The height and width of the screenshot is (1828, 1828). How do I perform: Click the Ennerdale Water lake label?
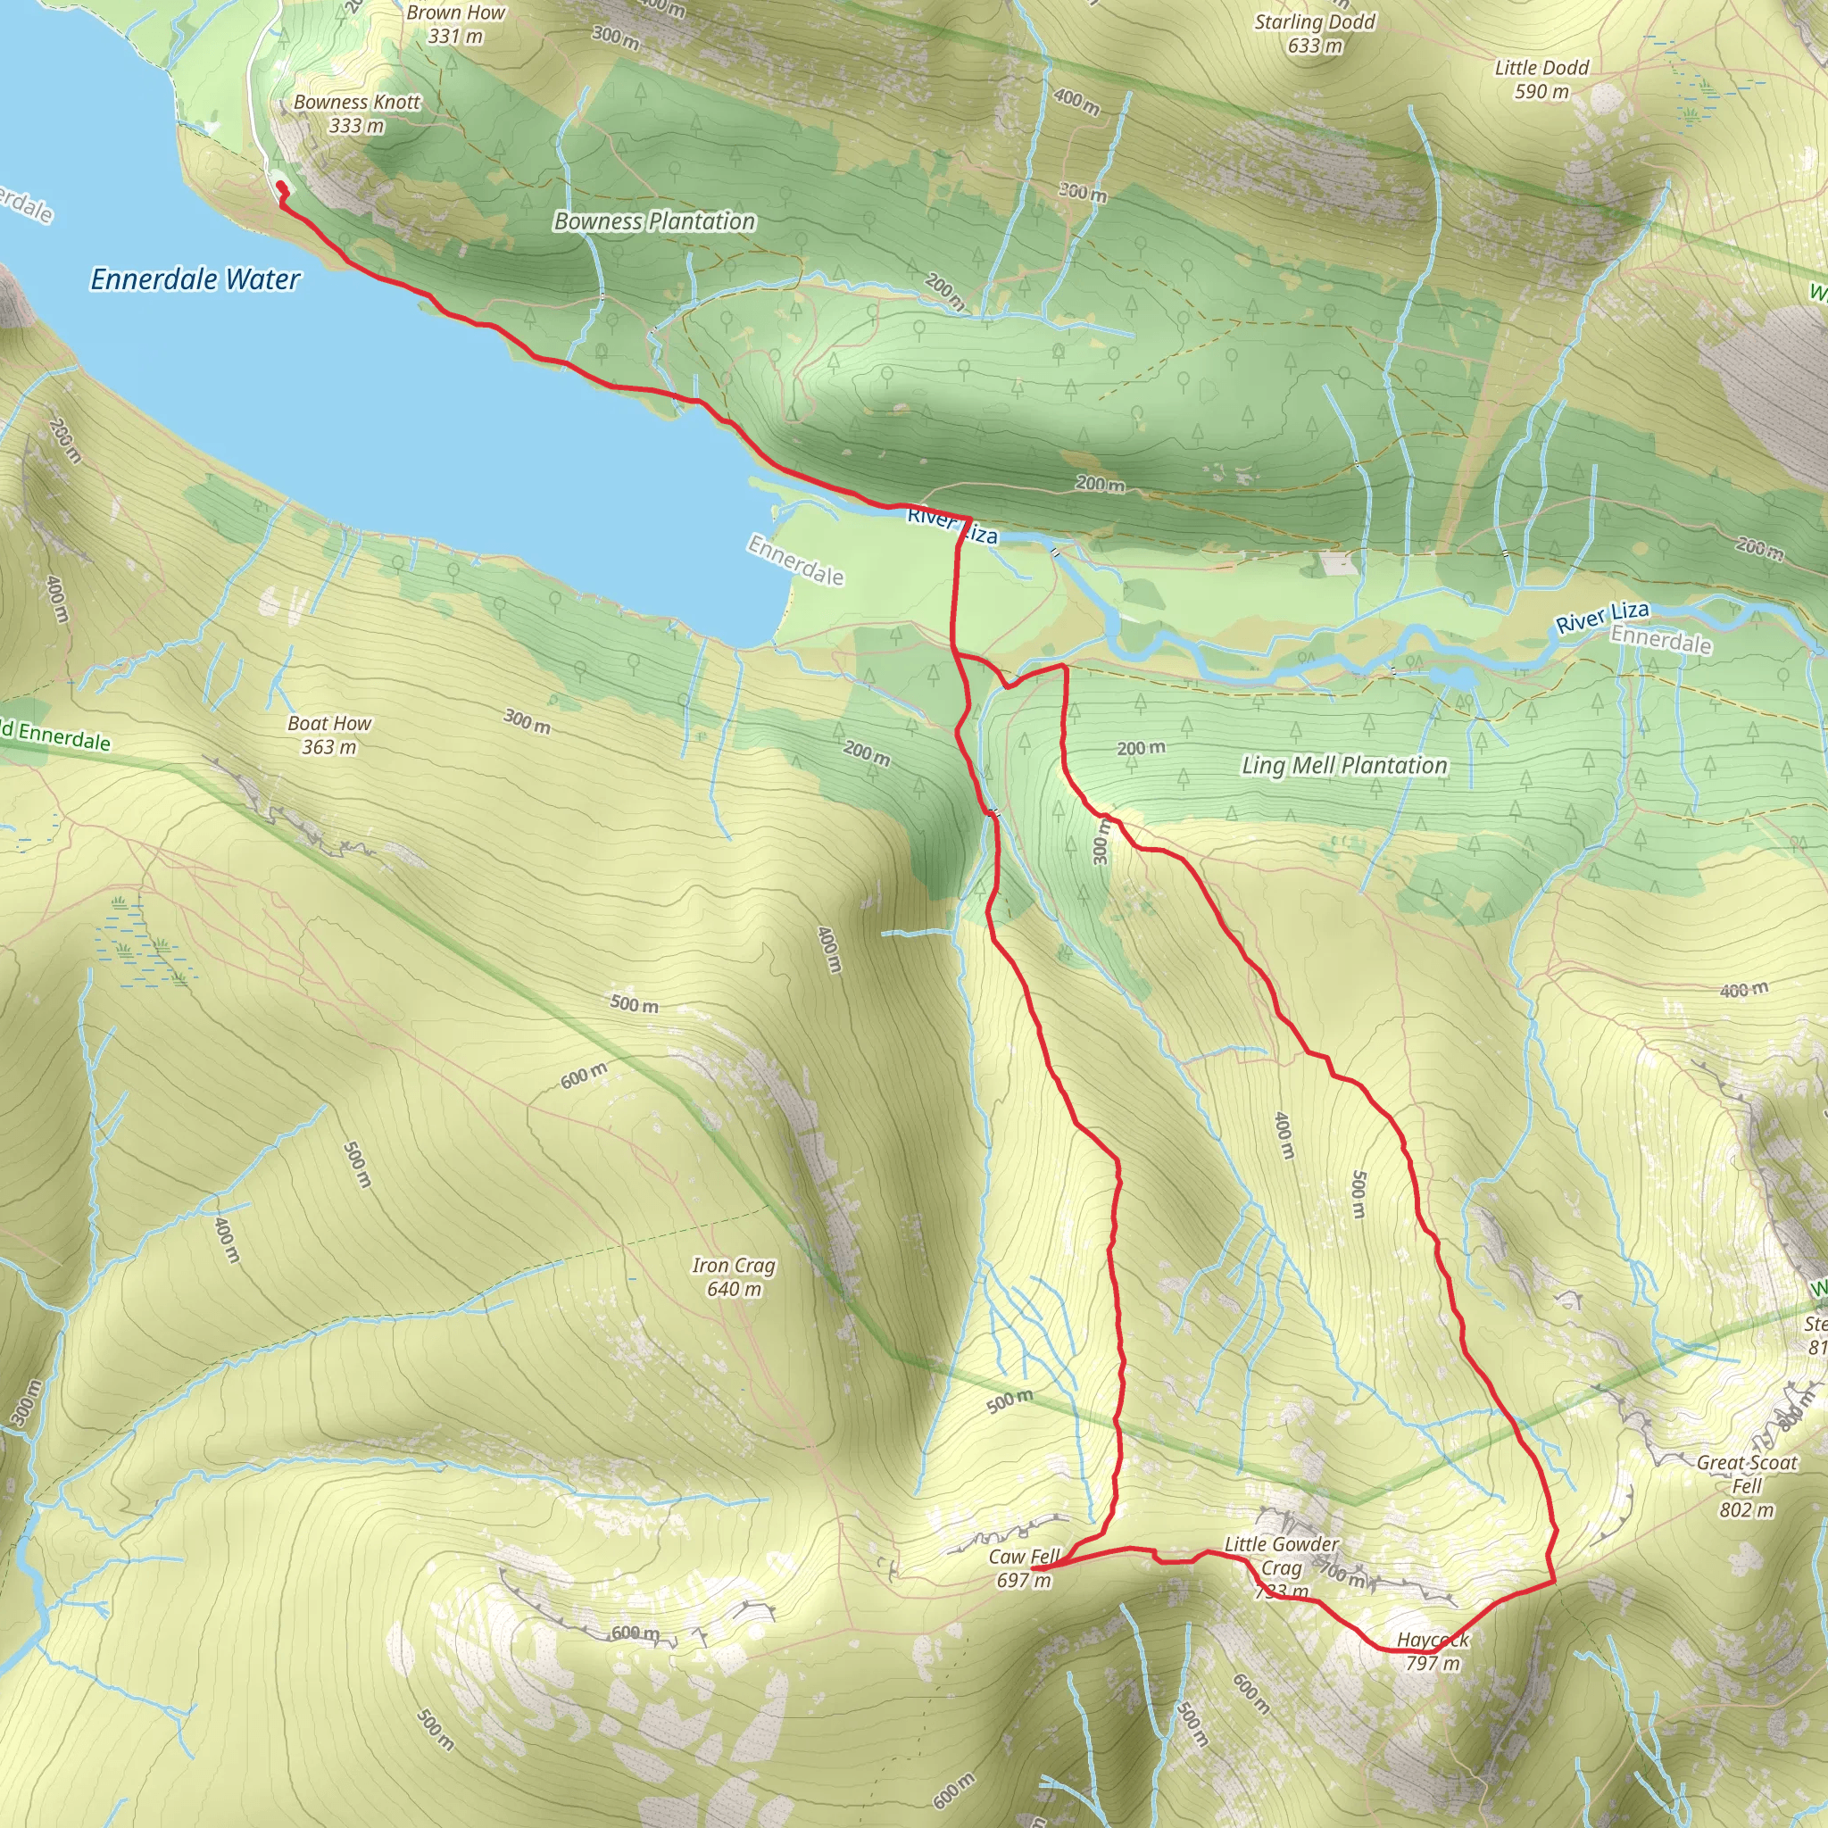195,279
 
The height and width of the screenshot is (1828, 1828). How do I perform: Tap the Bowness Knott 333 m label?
357,113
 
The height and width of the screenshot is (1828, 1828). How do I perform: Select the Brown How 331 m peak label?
455,25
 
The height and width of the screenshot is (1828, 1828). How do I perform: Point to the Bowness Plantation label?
655,221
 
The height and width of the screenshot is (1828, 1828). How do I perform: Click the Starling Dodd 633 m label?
1315,33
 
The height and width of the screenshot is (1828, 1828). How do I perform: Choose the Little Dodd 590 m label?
1541,79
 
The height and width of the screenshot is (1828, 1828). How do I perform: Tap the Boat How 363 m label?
329,735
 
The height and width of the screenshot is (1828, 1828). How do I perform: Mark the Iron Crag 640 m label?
734,1276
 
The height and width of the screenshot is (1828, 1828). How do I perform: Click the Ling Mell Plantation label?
1344,766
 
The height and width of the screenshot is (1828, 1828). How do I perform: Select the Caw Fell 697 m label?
1024,1567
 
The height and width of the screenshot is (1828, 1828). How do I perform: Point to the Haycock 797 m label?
1433,1651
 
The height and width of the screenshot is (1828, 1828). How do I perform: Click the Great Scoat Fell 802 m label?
1747,1485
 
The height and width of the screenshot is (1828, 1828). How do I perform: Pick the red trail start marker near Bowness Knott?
280,187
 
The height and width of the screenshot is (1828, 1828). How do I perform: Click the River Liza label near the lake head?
951,526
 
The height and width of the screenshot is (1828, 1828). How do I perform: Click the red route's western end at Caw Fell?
1034,1567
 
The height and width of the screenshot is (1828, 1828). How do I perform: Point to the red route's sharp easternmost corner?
1555,1581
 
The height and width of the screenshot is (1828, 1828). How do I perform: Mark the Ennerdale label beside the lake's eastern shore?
795,561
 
